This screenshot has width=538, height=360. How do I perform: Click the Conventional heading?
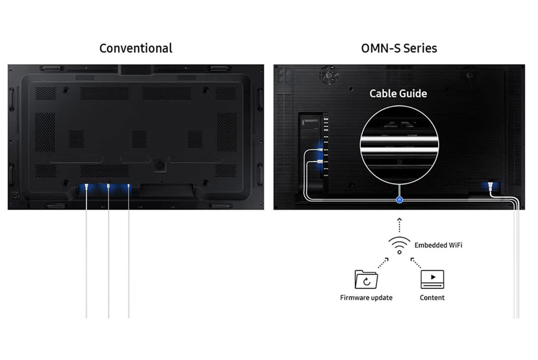pyautogui.click(x=136, y=48)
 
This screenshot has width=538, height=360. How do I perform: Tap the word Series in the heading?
pyautogui.click(x=420, y=48)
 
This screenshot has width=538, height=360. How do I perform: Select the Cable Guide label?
pyautogui.click(x=398, y=93)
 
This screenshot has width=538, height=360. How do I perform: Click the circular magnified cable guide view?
pyautogui.click(x=399, y=145)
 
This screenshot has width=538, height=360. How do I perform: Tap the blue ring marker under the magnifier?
pyautogui.click(x=399, y=200)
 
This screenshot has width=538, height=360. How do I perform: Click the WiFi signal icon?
pyautogui.click(x=399, y=245)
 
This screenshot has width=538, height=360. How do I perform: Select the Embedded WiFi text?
pyautogui.click(x=438, y=245)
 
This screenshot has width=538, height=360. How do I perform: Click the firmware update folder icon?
pyautogui.click(x=366, y=280)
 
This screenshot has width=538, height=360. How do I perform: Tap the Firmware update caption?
pyautogui.click(x=366, y=298)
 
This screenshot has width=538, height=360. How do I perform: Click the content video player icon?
pyautogui.click(x=432, y=279)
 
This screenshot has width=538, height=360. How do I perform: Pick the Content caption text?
pyautogui.click(x=432, y=298)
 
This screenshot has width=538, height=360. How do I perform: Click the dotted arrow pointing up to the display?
pyautogui.click(x=399, y=225)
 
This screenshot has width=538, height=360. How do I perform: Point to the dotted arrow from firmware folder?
pyautogui.click(x=383, y=263)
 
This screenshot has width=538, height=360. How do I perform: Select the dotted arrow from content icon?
pyautogui.click(x=416, y=263)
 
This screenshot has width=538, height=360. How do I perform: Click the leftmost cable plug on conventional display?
pyautogui.click(x=87, y=187)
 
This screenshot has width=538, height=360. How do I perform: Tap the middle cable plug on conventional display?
pyautogui.click(x=109, y=187)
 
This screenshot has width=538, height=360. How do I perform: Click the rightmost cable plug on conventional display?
pyautogui.click(x=129, y=187)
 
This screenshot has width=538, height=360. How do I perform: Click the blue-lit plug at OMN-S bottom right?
pyautogui.click(x=490, y=187)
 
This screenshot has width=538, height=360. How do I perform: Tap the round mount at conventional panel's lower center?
pyautogui.click(x=160, y=165)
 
